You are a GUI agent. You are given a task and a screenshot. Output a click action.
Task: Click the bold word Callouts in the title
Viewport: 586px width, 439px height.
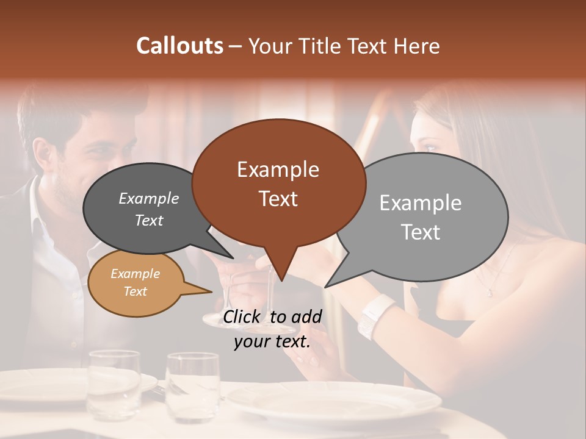[179, 46]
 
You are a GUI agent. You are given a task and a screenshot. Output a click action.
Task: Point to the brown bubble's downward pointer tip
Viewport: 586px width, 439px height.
[281, 281]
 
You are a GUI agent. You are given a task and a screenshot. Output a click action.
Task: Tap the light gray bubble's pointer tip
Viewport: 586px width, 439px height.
[326, 287]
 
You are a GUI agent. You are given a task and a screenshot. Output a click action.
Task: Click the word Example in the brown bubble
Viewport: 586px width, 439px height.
[278, 170]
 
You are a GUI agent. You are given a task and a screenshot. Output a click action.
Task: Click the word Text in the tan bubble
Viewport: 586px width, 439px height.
[135, 291]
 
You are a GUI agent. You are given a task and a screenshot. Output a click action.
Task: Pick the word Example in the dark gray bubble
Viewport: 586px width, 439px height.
[149, 198]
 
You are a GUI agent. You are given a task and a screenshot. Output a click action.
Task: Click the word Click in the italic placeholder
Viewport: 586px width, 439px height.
[242, 316]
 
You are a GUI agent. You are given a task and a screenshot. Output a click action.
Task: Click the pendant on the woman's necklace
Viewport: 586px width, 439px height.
[490, 293]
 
